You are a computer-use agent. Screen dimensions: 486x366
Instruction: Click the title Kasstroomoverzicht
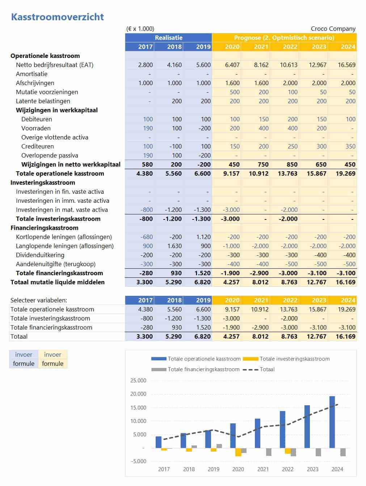click(x=57, y=17)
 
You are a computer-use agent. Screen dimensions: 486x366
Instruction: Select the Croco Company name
click(x=333, y=29)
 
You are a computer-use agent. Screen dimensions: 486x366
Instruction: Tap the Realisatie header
click(x=168, y=38)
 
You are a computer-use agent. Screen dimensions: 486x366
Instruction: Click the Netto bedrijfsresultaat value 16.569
click(x=346, y=65)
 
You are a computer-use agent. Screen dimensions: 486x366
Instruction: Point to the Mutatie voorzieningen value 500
click(x=235, y=92)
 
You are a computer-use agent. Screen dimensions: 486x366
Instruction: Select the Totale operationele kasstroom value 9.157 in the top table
click(x=231, y=173)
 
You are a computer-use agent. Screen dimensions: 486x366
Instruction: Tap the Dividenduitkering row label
click(x=40, y=255)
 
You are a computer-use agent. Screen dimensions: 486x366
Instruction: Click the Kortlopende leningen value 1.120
click(x=203, y=237)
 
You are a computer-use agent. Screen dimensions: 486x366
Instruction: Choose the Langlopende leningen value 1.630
click(x=174, y=246)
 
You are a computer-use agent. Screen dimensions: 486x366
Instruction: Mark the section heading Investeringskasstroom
click(x=43, y=183)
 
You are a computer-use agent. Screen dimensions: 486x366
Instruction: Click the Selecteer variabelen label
click(x=39, y=300)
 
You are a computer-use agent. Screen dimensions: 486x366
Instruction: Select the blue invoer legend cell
click(x=24, y=355)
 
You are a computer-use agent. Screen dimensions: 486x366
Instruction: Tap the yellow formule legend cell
click(x=52, y=364)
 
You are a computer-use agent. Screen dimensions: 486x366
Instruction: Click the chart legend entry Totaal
click(x=267, y=369)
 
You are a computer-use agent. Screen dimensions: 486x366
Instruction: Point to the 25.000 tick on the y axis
click(x=138, y=381)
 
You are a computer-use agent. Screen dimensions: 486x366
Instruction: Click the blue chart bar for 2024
click(x=332, y=422)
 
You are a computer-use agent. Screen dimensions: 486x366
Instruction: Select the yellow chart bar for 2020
click(x=238, y=452)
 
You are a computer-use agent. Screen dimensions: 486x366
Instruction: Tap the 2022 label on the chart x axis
click(x=287, y=469)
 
